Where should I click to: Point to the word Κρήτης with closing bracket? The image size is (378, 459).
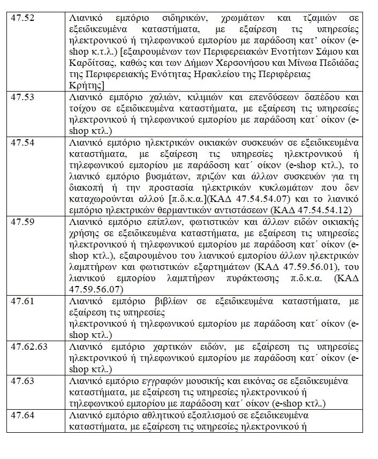click(x=87, y=85)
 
